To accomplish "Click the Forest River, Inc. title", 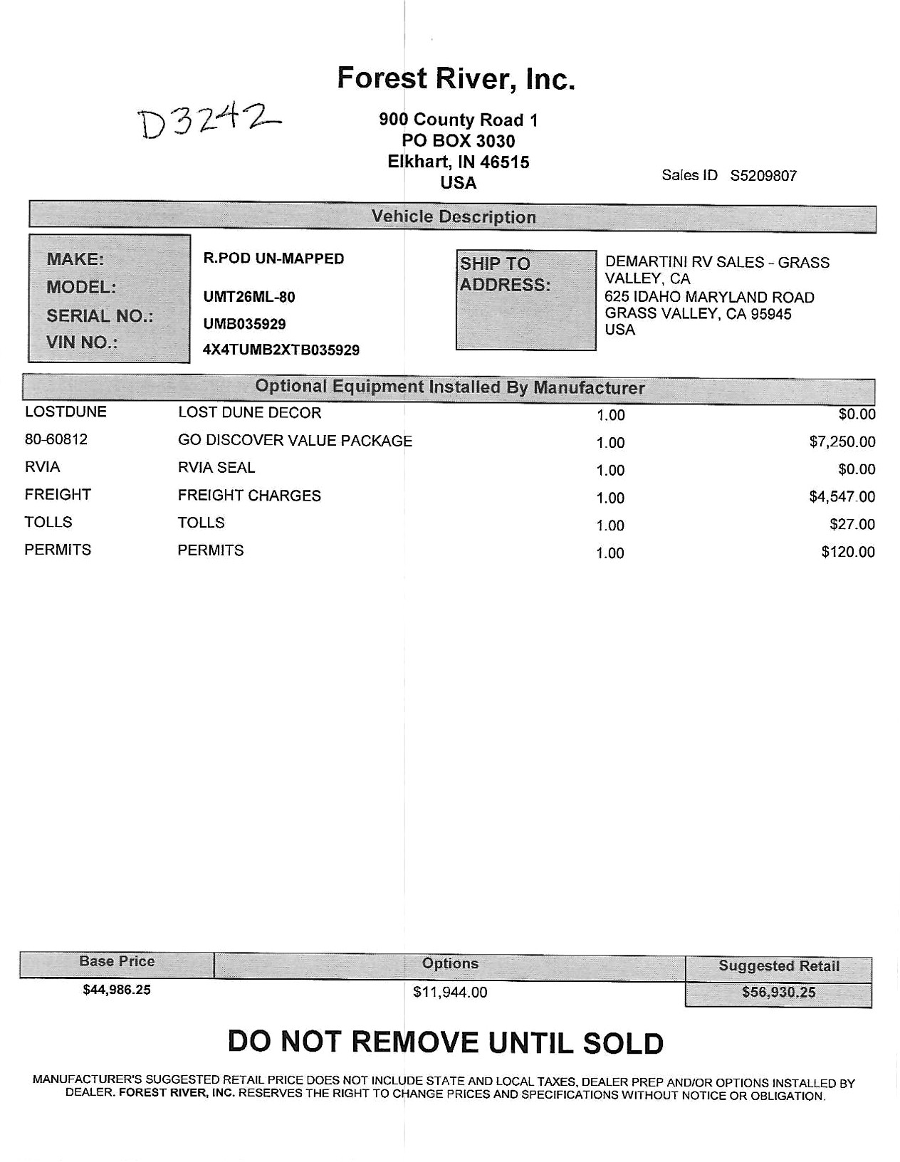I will click(456, 78).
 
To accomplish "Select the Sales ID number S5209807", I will click(763, 176).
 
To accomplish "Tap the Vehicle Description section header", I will click(454, 217).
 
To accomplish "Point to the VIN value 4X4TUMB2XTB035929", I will click(281, 350).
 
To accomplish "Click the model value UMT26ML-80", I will click(249, 297).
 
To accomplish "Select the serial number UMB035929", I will click(245, 325).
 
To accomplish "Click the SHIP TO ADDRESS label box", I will click(525, 300).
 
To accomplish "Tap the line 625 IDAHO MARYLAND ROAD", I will click(709, 298).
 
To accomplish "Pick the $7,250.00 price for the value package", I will click(842, 442).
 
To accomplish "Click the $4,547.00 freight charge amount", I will click(842, 497).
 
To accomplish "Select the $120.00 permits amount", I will click(847, 553).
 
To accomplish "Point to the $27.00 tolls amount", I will click(852, 525).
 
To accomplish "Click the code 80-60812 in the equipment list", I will click(56, 439).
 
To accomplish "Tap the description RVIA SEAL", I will click(216, 468).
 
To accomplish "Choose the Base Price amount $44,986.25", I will click(117, 990).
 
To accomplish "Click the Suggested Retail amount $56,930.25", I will click(778, 993).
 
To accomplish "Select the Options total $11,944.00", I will click(450, 993).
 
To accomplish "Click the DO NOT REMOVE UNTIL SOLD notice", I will click(446, 1043).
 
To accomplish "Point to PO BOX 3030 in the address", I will click(459, 141).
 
